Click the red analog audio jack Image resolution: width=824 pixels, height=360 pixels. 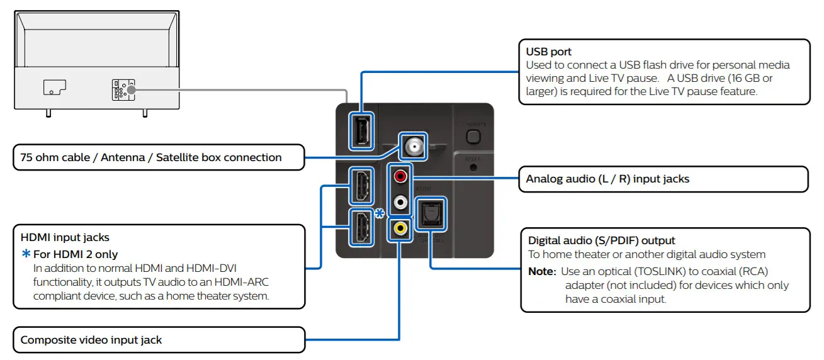click(400, 177)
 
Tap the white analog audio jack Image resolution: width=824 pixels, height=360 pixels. click(400, 203)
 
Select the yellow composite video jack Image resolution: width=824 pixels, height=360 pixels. click(400, 228)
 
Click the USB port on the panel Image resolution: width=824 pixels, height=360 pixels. click(362, 131)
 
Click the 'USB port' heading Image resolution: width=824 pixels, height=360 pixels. click(548, 52)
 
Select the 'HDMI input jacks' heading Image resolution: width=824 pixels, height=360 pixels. click(65, 237)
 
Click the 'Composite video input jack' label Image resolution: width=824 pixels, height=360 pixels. click(91, 340)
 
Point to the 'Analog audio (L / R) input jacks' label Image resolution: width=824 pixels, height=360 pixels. click(607, 179)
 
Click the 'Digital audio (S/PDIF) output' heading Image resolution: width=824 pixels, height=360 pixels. click(601, 240)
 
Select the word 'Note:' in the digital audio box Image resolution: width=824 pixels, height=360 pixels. click(541, 271)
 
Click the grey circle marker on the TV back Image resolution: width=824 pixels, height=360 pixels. click(130, 90)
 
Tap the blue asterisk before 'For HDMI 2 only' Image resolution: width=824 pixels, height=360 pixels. click(26, 254)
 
